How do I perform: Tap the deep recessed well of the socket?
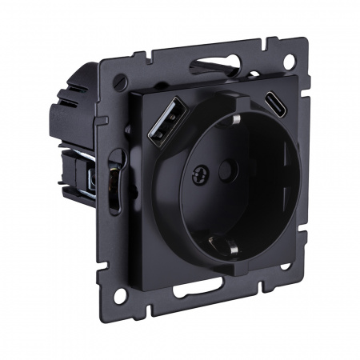[216, 180]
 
